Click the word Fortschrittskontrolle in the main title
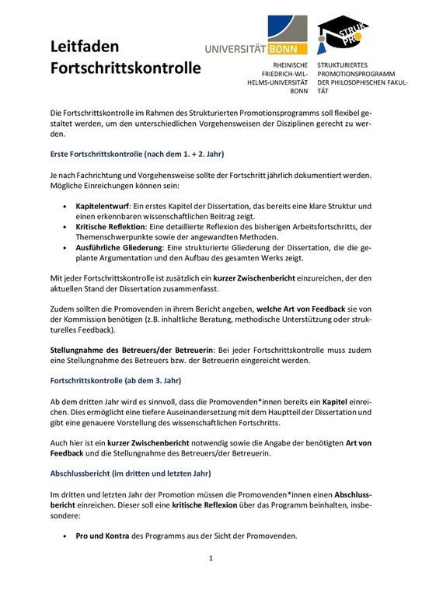(125, 68)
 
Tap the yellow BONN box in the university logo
(288, 47)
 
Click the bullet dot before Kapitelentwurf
(64, 206)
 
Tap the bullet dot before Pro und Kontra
(64, 536)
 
